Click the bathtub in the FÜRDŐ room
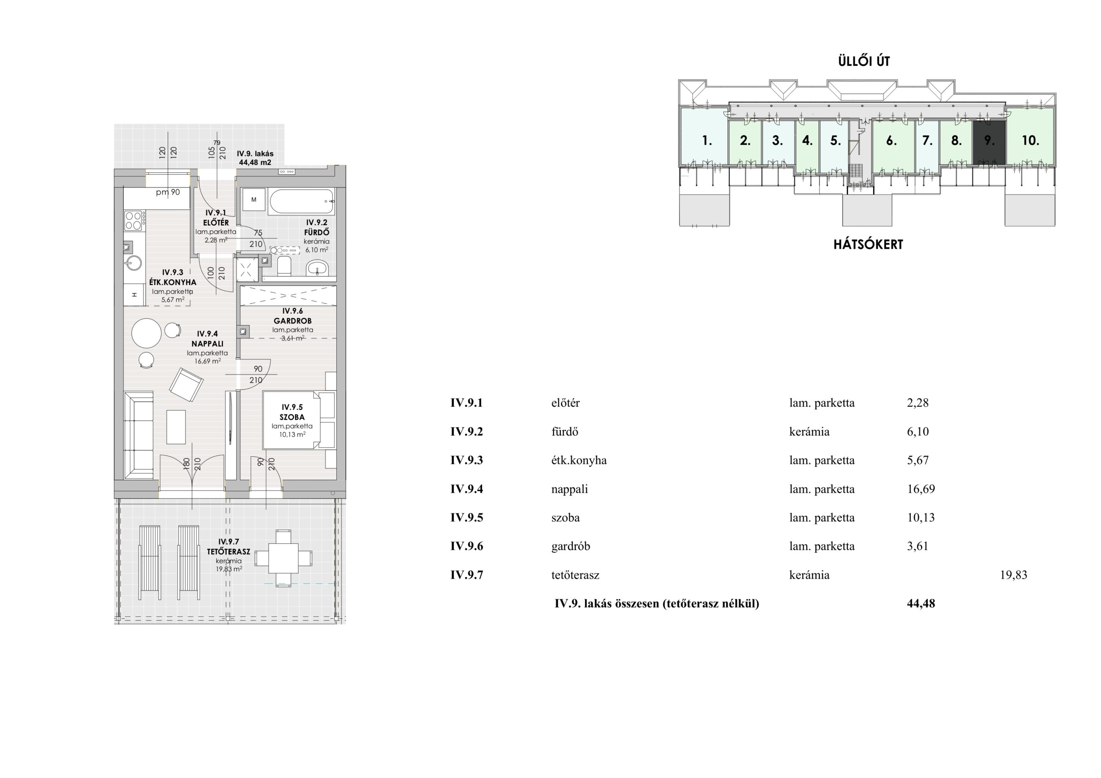pyautogui.click(x=301, y=201)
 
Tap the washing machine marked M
pyautogui.click(x=254, y=200)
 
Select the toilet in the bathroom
pyautogui.click(x=284, y=266)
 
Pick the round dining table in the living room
pyautogui.click(x=147, y=333)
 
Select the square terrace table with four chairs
pyautogui.click(x=283, y=558)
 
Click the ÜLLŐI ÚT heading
pyautogui.click(x=864, y=61)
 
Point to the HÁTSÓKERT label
pyautogui.click(x=868, y=244)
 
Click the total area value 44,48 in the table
pyautogui.click(x=921, y=603)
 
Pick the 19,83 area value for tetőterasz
pyautogui.click(x=1013, y=574)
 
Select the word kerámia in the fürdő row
pyautogui.click(x=809, y=432)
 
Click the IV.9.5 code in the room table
pyautogui.click(x=466, y=517)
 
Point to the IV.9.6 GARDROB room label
pyautogui.click(x=292, y=316)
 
